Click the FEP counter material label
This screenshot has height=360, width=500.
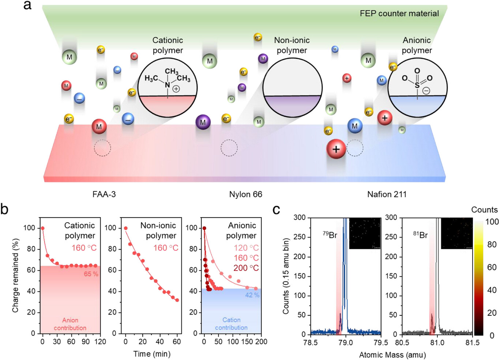[x=399, y=14]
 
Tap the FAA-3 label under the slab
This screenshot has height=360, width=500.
[x=104, y=194]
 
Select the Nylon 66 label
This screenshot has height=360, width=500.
[x=245, y=194]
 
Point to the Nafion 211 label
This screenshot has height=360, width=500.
[x=387, y=194]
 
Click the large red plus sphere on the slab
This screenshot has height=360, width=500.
[x=336, y=149]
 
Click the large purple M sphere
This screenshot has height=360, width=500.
[x=203, y=122]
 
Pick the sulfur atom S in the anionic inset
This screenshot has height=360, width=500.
[x=417, y=86]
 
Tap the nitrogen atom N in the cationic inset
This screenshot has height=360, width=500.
[x=167, y=85]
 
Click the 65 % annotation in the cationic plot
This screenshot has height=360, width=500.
[x=91, y=274]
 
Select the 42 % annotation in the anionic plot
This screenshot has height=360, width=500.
[x=252, y=295]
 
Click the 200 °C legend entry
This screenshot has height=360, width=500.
[x=246, y=268]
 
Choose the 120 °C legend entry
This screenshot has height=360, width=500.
[x=246, y=248]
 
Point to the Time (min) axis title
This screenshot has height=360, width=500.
[x=152, y=354]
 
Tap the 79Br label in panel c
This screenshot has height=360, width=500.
[x=330, y=235]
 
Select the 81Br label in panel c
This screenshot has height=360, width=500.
[x=421, y=235]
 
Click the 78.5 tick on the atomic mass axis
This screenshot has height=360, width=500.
[x=310, y=342]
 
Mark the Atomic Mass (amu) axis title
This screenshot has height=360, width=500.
[x=392, y=355]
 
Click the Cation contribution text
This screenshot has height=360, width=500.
[x=231, y=324]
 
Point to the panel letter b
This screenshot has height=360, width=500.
[x=5, y=209]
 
